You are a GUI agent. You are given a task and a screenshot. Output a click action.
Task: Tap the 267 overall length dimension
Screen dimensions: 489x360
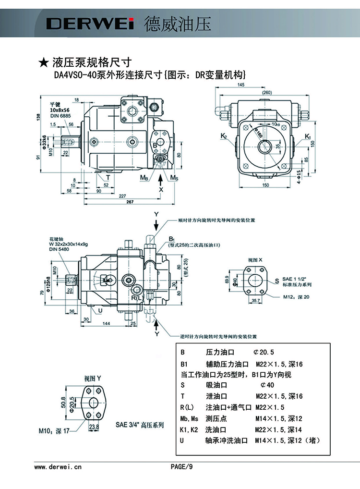coord(116,201)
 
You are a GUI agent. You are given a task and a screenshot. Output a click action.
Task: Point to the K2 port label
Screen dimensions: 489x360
coord(224,137)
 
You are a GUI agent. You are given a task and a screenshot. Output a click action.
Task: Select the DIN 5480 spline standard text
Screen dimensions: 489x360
coord(59,250)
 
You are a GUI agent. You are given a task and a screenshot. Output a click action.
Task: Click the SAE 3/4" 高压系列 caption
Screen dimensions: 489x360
coord(140,425)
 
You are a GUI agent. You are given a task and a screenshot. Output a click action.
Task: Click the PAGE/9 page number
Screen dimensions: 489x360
coord(181,466)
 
